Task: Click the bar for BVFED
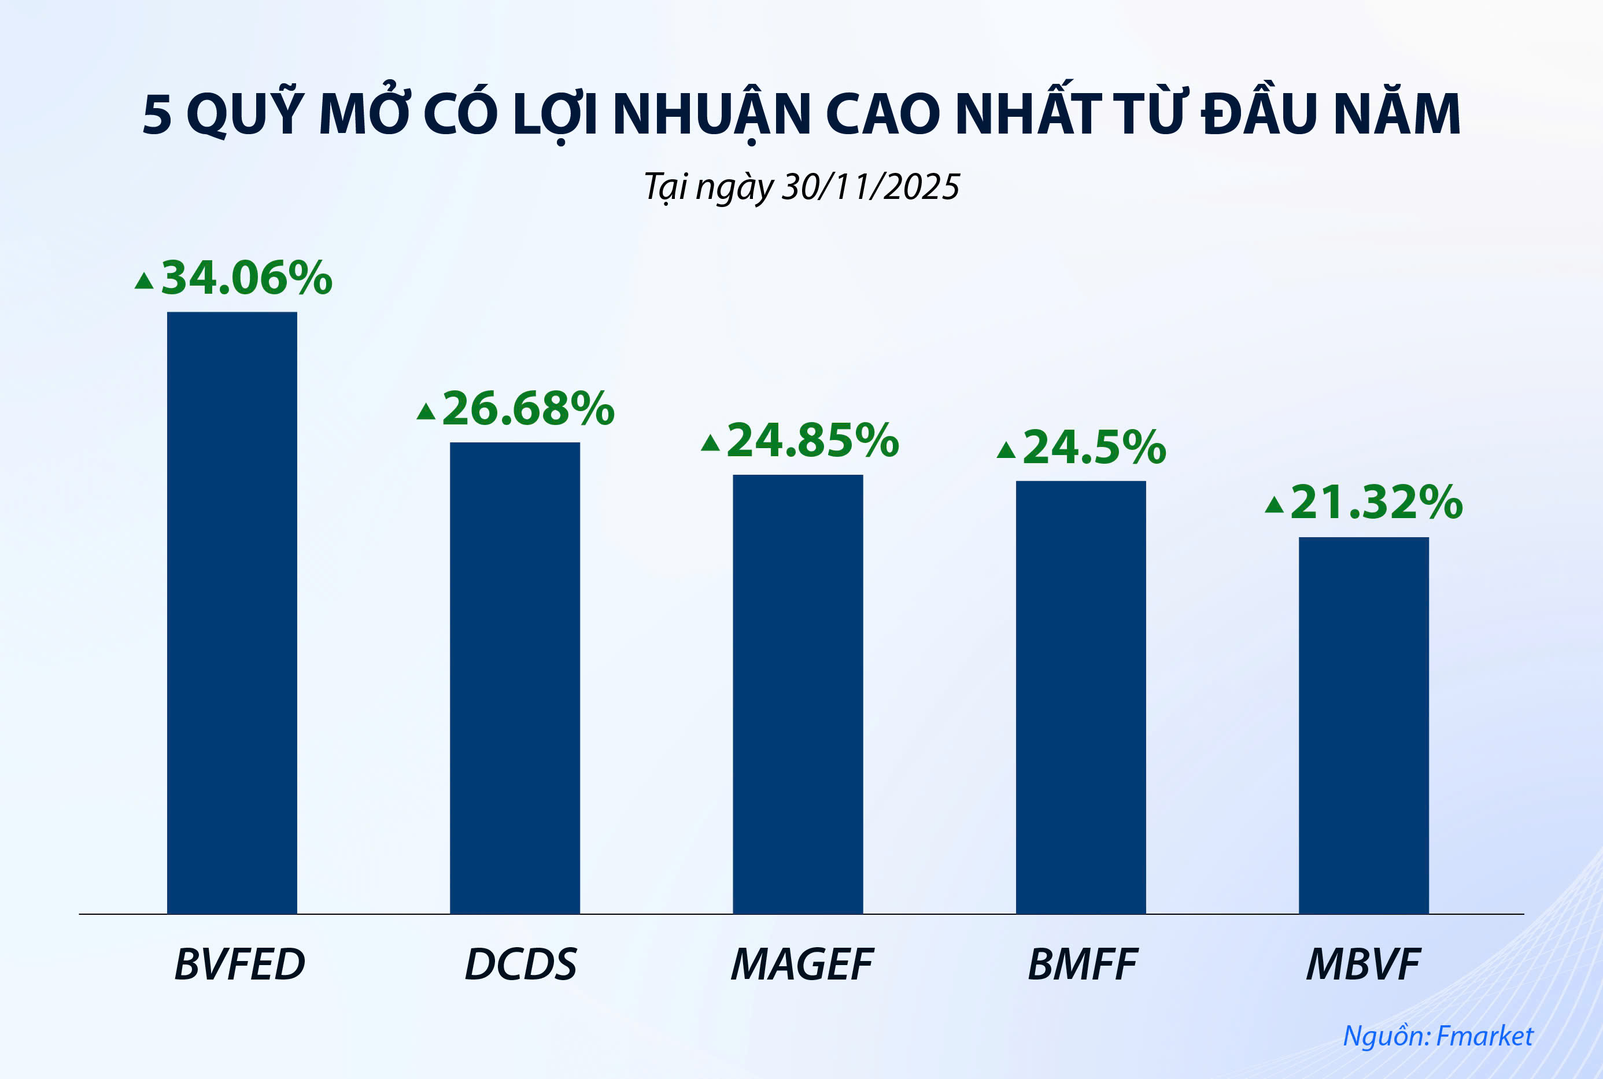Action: click(x=232, y=612)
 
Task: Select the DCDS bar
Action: click(x=515, y=678)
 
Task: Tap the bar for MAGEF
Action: click(x=797, y=694)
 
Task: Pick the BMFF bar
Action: click(x=1081, y=697)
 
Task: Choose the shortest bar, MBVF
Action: click(x=1364, y=725)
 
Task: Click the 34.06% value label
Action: click(x=246, y=278)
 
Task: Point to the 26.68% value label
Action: click(x=527, y=409)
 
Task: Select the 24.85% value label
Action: click(x=812, y=441)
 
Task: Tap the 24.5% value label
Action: click(x=1094, y=448)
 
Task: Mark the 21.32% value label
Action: click(x=1376, y=502)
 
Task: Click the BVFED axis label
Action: click(x=239, y=965)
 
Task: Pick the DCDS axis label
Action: click(x=521, y=965)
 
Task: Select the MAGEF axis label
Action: click(x=801, y=965)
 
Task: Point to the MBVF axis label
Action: click(x=1363, y=965)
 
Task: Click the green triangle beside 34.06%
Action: click(x=144, y=281)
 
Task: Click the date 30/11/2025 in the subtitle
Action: click(x=870, y=187)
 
